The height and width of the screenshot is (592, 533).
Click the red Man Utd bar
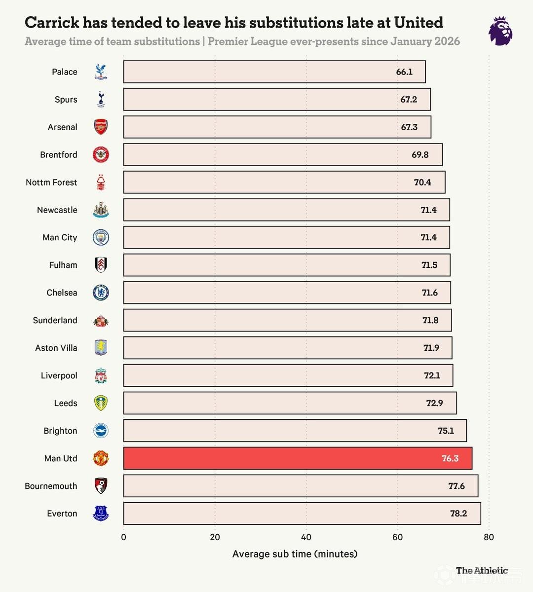[x=298, y=458]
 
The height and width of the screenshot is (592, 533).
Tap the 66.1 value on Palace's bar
[x=404, y=72]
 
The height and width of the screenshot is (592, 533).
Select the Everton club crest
[x=101, y=513]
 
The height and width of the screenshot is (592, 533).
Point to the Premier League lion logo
[x=500, y=31]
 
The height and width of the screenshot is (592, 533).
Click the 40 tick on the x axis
[x=306, y=537]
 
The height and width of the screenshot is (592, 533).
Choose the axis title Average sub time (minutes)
[x=295, y=554]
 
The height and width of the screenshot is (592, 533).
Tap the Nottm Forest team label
[x=51, y=183]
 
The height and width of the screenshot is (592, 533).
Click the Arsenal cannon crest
[x=101, y=127]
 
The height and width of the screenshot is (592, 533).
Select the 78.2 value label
[x=458, y=514]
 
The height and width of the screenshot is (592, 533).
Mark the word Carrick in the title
[x=52, y=22]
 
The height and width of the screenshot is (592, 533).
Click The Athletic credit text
[x=482, y=570]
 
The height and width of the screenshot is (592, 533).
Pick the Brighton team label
[x=60, y=431]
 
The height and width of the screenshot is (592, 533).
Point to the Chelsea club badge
[x=101, y=293]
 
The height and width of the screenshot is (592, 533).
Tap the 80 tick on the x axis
[x=489, y=537]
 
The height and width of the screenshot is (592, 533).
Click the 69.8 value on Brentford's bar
[x=420, y=154]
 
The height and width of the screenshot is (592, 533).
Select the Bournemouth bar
[x=301, y=486]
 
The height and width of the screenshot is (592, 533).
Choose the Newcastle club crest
[x=101, y=210]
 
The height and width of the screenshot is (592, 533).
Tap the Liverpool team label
[x=59, y=375]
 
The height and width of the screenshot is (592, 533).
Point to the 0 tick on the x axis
[x=123, y=537]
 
